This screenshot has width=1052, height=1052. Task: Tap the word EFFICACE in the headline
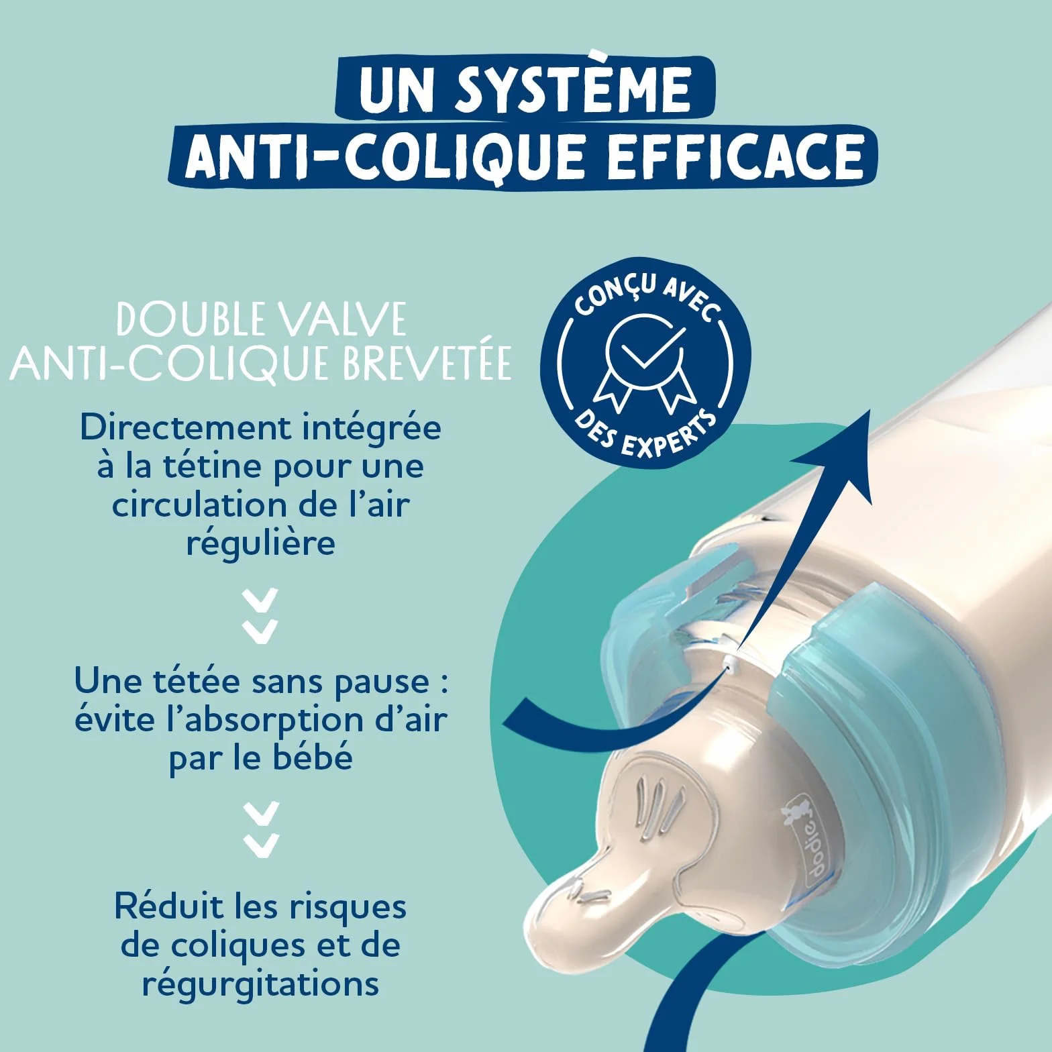click(x=735, y=156)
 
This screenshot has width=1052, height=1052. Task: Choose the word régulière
click(x=260, y=543)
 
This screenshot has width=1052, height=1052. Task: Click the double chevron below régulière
click(x=260, y=616)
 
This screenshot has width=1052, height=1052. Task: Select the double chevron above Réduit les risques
click(x=260, y=829)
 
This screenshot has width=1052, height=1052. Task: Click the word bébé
click(x=313, y=757)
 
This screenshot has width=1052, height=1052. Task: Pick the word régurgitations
click(x=260, y=985)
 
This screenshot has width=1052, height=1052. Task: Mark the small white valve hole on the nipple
click(x=730, y=665)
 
